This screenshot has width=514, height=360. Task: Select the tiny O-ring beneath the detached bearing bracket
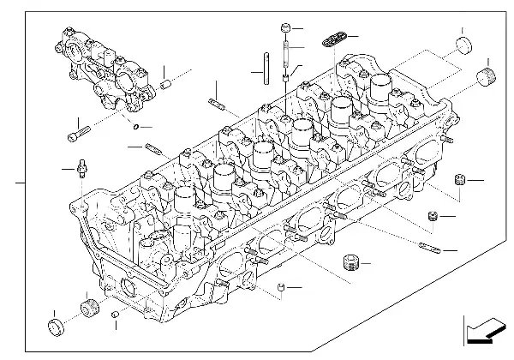tap(135, 129)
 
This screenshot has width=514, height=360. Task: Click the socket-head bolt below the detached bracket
tap(76, 135)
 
